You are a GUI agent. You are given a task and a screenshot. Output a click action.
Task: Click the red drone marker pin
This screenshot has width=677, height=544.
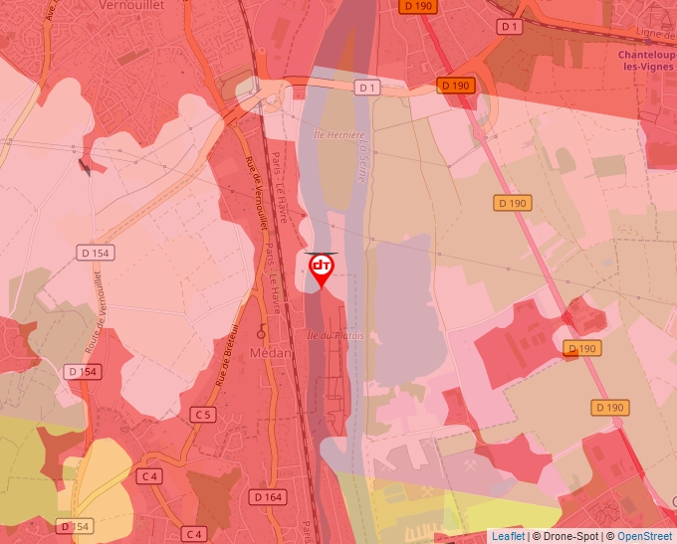322,270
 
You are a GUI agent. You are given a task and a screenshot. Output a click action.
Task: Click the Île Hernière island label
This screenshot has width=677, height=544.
339,134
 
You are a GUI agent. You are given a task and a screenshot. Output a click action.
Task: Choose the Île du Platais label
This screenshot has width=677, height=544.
336,336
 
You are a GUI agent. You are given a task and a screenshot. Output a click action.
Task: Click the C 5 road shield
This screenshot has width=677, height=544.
203,414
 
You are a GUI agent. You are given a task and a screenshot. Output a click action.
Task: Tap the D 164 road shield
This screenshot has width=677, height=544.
267,496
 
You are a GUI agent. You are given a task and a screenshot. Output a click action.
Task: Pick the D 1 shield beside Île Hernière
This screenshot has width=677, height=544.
368,88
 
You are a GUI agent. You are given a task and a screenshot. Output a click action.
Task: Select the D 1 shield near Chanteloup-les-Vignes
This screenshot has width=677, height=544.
510,26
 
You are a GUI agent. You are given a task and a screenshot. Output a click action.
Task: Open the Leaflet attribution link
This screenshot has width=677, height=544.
508,536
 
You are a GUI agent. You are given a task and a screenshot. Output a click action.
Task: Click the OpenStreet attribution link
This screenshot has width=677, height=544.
646,536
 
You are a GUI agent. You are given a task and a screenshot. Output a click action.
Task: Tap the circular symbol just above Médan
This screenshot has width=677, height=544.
262,331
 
